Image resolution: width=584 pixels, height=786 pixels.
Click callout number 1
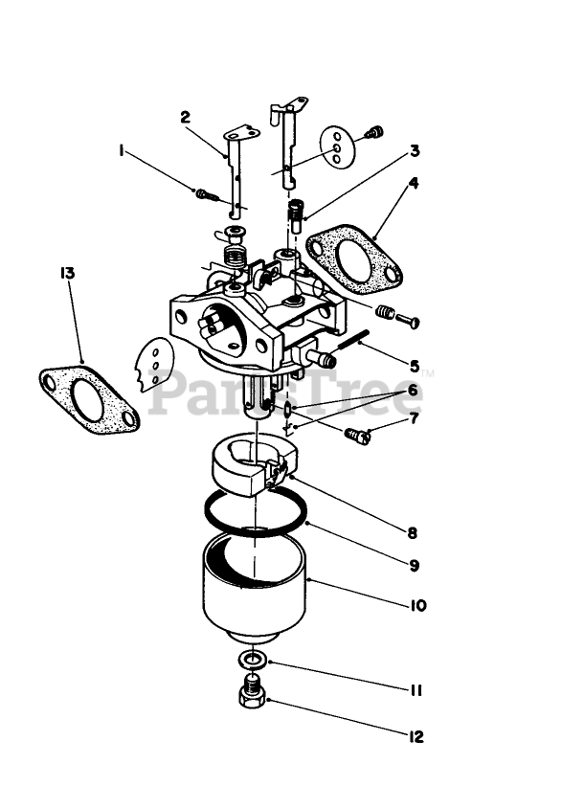(x=123, y=150)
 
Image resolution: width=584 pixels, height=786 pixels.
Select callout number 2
(x=185, y=117)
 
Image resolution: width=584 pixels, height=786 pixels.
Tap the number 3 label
(x=415, y=150)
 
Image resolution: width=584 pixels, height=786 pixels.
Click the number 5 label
(x=415, y=365)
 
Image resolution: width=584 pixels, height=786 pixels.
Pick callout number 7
(x=415, y=418)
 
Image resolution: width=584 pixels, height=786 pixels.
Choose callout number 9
(x=415, y=565)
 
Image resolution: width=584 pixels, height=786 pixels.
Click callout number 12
(x=415, y=737)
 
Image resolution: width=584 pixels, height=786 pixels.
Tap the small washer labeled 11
(x=252, y=661)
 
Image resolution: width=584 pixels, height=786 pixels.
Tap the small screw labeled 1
(x=206, y=194)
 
